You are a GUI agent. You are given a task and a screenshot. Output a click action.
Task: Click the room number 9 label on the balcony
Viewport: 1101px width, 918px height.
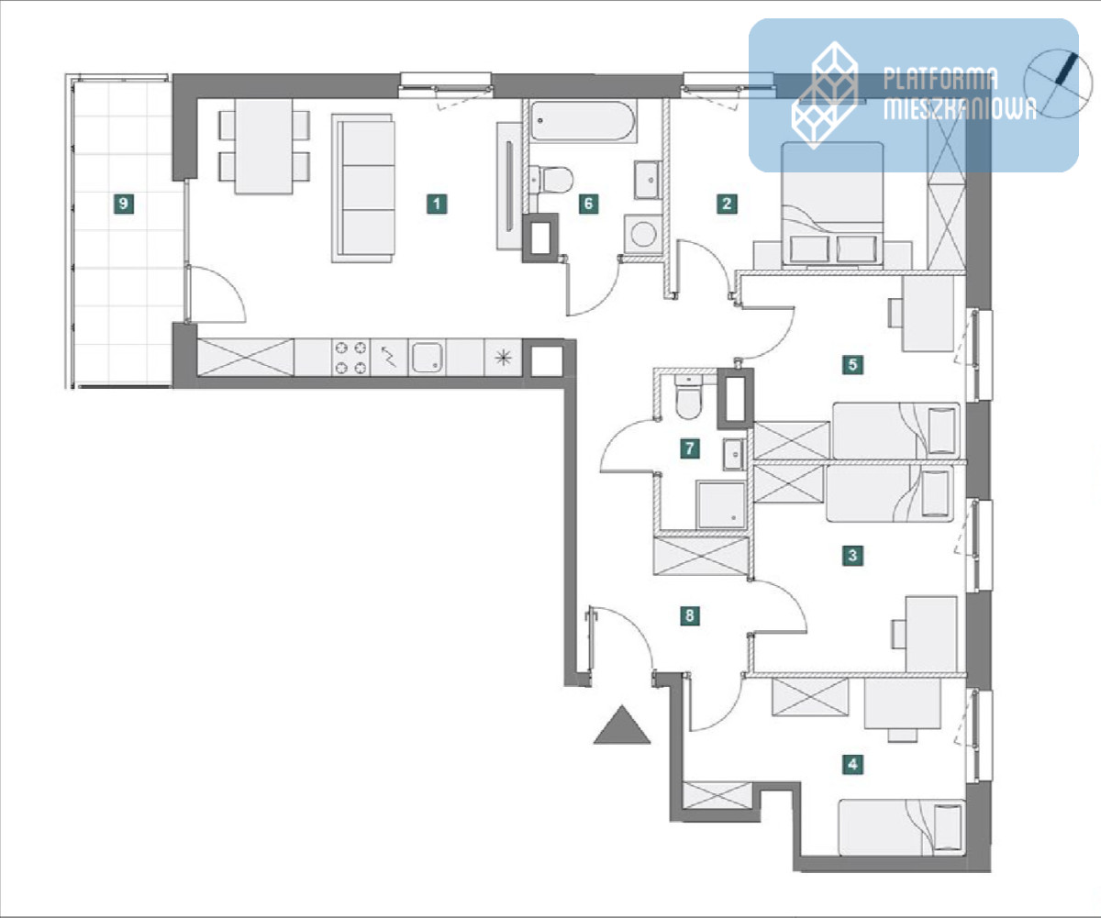(123, 204)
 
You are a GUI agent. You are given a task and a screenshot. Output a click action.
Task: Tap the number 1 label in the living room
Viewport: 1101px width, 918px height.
(437, 204)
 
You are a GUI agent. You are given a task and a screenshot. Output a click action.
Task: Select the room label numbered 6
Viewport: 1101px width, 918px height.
(588, 204)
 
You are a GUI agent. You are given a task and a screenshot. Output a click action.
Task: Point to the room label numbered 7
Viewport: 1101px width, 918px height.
(690, 448)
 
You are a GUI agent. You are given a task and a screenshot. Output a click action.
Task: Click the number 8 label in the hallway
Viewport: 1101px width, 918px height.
(690, 615)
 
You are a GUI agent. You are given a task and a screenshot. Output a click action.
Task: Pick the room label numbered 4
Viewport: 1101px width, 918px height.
(852, 764)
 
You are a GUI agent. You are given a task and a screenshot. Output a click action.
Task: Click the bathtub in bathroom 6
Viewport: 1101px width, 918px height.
(583, 121)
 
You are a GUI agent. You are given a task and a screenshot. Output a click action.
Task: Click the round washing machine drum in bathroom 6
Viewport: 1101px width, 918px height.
(643, 234)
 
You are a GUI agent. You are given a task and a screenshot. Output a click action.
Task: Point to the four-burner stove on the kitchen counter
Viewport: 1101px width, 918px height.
(351, 358)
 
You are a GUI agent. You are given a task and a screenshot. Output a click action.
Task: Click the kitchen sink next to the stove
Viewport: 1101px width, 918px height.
(427, 358)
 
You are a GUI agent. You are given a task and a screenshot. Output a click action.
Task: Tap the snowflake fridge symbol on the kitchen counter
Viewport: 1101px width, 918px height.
(504, 359)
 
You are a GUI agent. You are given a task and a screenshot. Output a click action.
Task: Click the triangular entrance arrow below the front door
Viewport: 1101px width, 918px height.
(622, 725)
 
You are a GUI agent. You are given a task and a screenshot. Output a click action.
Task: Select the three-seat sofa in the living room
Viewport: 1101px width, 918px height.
(363, 189)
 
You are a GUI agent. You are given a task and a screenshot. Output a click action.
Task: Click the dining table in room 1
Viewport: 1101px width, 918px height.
(264, 147)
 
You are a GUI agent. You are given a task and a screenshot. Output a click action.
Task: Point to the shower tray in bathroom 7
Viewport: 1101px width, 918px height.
(720, 504)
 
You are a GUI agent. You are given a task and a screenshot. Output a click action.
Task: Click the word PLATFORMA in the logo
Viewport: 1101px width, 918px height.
(940, 80)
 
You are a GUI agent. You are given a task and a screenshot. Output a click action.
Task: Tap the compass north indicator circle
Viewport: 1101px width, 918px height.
(1058, 83)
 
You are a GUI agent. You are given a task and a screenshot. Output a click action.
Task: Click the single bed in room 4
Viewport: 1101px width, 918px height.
(902, 828)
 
